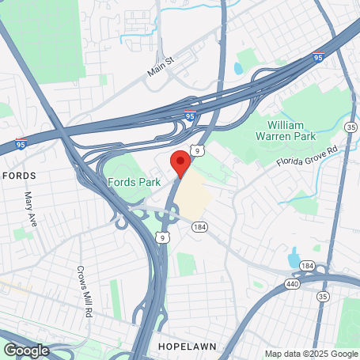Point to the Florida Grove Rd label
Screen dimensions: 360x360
coord(306,156)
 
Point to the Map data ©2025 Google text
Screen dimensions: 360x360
coord(310,353)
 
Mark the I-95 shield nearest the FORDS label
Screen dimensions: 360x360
coord(21,145)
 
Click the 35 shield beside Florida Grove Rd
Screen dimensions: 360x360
coord(351,126)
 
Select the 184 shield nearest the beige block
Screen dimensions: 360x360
coord(195,227)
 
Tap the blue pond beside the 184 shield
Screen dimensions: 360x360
coord(294,257)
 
